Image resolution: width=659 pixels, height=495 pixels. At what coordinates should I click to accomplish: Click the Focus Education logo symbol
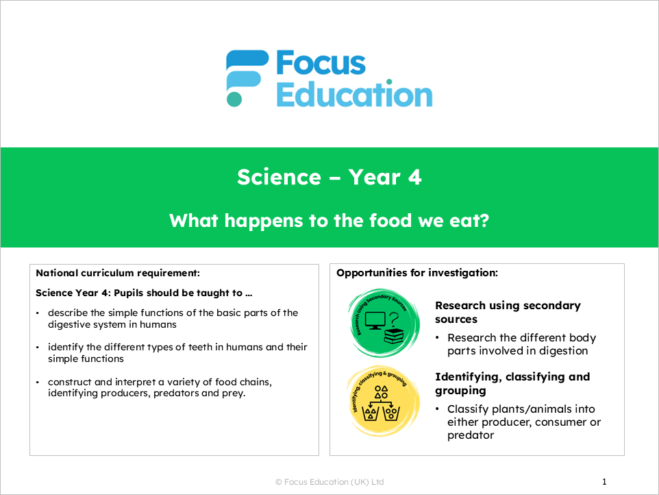tap(246, 77)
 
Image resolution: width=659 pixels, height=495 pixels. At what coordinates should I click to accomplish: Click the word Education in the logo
tap(353, 95)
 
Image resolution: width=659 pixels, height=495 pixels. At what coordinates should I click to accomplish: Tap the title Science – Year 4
tap(329, 178)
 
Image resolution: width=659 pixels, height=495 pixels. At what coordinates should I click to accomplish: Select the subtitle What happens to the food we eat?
tap(329, 221)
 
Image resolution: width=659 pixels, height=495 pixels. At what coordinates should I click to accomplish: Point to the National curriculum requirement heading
tap(118, 273)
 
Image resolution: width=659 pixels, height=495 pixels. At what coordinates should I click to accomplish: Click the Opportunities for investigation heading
tap(416, 273)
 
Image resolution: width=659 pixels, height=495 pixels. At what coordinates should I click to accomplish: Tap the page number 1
tap(604, 482)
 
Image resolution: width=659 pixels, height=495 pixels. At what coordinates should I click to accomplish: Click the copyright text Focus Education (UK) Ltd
tap(329, 482)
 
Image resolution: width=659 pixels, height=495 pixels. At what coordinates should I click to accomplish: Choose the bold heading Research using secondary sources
tap(508, 312)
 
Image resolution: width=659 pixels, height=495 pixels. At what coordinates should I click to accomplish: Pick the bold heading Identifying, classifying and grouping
tap(512, 383)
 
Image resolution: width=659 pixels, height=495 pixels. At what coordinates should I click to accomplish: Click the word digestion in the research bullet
tap(562, 351)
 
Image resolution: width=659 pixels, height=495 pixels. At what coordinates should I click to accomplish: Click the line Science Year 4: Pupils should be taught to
tap(144, 293)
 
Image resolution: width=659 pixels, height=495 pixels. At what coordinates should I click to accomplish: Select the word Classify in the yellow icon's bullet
tap(470, 409)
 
